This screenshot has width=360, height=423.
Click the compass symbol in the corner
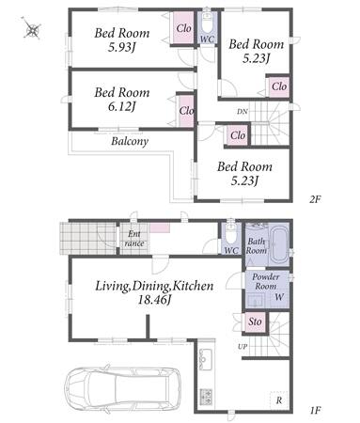(32, 29)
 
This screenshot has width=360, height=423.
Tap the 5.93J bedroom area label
(122, 47)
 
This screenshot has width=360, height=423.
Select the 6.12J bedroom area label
(122, 107)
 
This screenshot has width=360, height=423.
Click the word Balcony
(130, 141)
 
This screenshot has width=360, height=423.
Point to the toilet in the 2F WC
(207, 23)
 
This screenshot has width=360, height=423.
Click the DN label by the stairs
(243, 111)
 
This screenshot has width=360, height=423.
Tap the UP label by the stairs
(243, 347)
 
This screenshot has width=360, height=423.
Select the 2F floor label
(315, 199)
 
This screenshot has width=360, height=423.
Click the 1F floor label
(315, 410)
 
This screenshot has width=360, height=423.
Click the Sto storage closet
(255, 321)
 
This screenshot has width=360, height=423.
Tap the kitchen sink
(205, 359)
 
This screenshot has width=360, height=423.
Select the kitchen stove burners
(206, 397)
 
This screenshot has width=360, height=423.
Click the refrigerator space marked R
(279, 399)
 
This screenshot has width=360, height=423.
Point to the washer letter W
(279, 297)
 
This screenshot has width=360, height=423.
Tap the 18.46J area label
(154, 300)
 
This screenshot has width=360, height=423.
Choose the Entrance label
(134, 239)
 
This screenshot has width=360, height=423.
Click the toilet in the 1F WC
(231, 232)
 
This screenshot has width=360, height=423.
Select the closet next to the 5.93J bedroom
(183, 28)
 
